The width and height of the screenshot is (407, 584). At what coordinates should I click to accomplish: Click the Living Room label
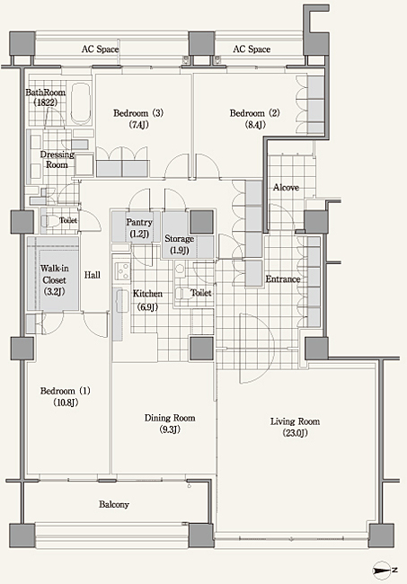(x=295, y=427)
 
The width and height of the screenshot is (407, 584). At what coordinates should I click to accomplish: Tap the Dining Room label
(x=170, y=423)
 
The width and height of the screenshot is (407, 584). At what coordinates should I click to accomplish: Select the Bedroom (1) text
(x=66, y=396)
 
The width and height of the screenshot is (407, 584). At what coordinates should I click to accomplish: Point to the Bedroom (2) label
(x=254, y=119)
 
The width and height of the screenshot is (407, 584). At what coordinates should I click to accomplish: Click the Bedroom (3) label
(x=138, y=119)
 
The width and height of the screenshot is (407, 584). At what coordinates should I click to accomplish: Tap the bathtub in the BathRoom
(x=81, y=103)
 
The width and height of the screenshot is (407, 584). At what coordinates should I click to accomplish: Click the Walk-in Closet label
(x=55, y=279)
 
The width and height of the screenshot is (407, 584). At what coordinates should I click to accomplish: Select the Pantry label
(x=139, y=227)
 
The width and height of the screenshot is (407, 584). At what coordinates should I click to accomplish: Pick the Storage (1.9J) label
(x=179, y=244)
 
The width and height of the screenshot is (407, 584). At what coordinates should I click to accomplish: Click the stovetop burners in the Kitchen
(x=122, y=270)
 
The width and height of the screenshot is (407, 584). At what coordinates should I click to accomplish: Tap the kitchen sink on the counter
(x=120, y=302)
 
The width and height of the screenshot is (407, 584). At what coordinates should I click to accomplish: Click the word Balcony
(x=114, y=504)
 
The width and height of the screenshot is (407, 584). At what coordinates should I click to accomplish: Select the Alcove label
(x=286, y=188)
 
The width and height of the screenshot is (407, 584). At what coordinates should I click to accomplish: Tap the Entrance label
(x=283, y=279)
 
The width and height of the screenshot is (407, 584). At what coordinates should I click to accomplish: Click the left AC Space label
(x=100, y=49)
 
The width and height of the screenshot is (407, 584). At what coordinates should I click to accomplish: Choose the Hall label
(x=92, y=275)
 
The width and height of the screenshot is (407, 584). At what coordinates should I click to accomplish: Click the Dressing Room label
(x=57, y=159)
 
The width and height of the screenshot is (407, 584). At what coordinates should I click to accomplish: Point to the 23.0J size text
(x=295, y=433)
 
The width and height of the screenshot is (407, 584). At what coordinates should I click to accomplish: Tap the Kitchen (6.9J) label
(x=147, y=300)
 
